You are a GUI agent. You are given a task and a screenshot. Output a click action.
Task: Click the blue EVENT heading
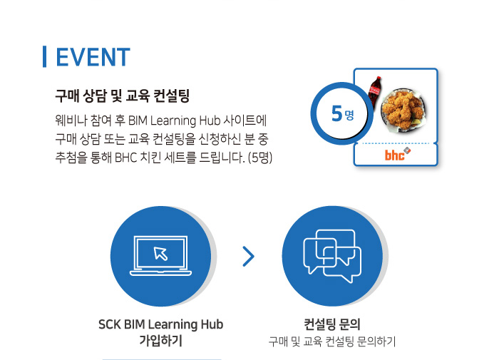(x=93, y=57)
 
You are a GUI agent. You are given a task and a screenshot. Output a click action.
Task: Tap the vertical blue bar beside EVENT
(x=44, y=56)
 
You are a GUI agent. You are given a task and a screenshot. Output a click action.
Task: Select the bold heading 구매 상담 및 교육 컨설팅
(x=122, y=96)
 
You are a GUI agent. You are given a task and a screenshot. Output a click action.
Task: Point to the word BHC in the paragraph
(x=125, y=158)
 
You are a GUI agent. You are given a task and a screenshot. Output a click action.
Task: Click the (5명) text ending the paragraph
(x=260, y=158)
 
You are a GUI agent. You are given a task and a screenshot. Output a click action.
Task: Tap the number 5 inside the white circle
(x=336, y=113)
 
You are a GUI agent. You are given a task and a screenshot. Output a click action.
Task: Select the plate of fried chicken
(x=403, y=109)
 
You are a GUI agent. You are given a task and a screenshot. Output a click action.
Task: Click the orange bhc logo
(x=397, y=155)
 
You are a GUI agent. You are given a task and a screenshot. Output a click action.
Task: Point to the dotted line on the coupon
(x=396, y=143)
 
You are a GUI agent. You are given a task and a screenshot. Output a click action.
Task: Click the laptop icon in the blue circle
(x=160, y=256)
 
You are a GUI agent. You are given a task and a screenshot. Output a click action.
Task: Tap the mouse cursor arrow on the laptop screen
(x=160, y=254)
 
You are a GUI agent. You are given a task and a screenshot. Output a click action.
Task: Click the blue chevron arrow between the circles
(x=249, y=256)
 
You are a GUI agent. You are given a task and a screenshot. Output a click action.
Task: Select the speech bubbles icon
(x=332, y=256)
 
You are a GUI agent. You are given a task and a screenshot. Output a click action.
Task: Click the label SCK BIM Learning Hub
(x=160, y=324)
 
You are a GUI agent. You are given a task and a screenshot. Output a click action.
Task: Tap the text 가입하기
(x=160, y=340)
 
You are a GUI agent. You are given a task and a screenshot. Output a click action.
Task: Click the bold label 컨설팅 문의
(x=332, y=324)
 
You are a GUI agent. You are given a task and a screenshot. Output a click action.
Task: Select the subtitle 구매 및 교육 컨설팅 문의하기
(x=332, y=341)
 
